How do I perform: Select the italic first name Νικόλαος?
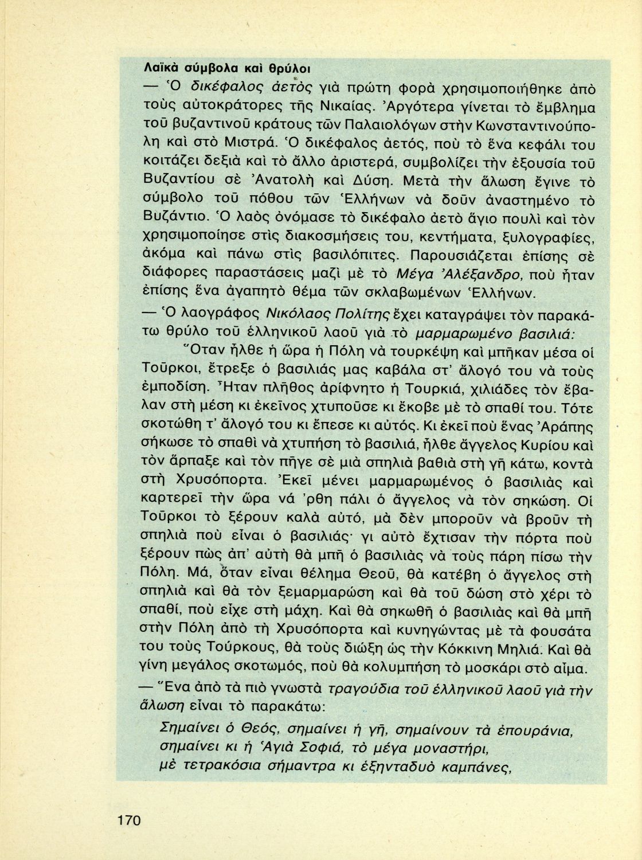tap(298, 313)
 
